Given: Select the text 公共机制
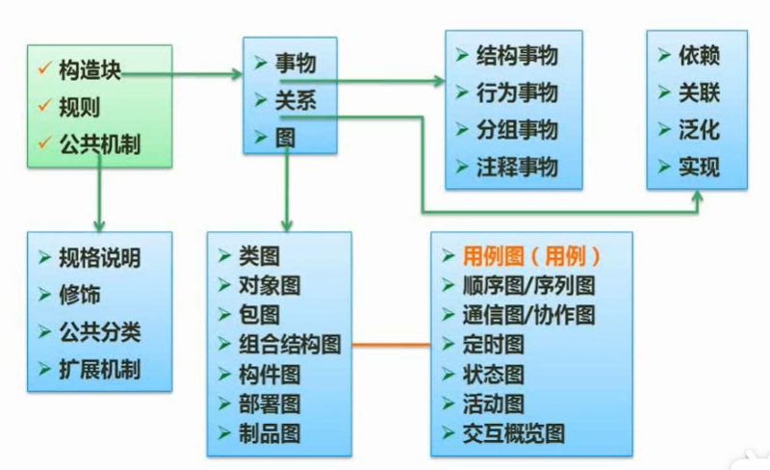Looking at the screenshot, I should pos(99,144).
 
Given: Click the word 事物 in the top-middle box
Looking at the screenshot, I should pos(295,65).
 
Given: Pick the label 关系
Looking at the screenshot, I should pos(295,100).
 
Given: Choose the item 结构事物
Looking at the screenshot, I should pos(517,56).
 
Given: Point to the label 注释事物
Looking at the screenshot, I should pos(517,168).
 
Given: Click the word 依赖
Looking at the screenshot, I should pos(699,56).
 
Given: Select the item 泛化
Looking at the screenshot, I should pos(699,129).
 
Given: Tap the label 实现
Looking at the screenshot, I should pos(699,167).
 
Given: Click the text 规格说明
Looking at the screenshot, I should pos(99,258).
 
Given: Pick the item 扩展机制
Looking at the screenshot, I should pos(99,369).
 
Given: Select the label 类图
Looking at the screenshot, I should pos(259,256).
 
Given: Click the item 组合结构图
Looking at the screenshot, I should pos(290,344).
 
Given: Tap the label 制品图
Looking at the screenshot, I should pos(269,432).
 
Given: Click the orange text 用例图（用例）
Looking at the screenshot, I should pos(531,256).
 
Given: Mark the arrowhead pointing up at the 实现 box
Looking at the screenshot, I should pos(700,196).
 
